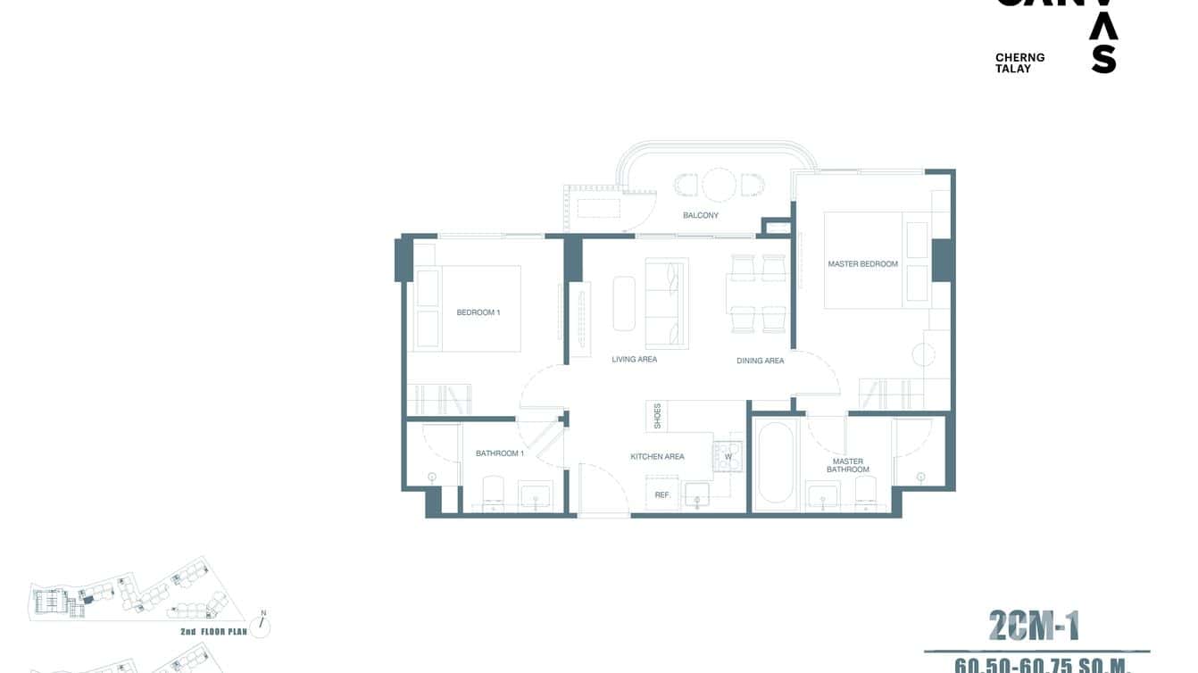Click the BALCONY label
pos(701,215)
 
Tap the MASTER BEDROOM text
pos(862,264)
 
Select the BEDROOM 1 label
pos(478,312)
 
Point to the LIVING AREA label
pos(634,360)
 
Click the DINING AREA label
pos(760,361)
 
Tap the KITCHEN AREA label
pos(657,457)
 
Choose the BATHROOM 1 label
pos(499,453)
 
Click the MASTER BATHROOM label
pos(847,466)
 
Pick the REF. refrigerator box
pos(662,494)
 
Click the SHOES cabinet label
pos(658,415)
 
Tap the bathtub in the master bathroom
pos(776,463)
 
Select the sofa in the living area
pos(666,303)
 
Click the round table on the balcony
pos(718,185)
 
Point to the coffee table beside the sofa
pos(624,303)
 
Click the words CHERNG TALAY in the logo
pos(1019,62)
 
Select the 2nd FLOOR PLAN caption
pos(213,632)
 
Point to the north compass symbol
pos(262,624)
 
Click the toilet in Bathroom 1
pos(493,494)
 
